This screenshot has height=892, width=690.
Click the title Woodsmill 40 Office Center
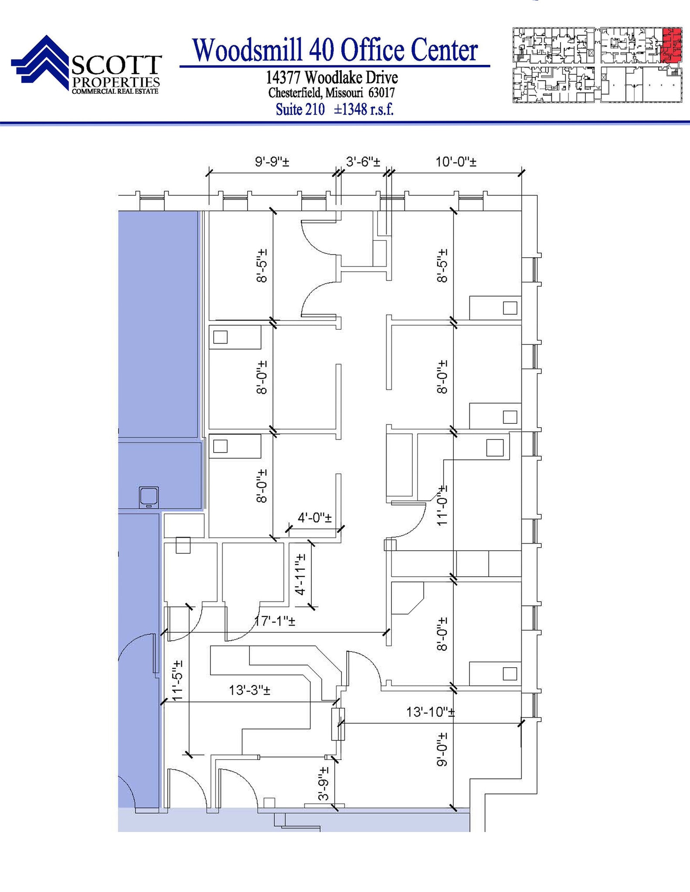[x=335, y=50]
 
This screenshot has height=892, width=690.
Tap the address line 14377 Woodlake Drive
[x=332, y=78]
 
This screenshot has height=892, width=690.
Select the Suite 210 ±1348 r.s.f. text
[x=334, y=109]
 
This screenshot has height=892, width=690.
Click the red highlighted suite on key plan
[x=671, y=45]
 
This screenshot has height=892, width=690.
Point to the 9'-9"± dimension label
[x=272, y=162]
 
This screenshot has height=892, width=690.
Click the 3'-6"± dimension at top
[x=363, y=162]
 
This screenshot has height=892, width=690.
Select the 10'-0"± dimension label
[x=455, y=162]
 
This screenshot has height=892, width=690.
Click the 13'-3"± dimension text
[x=249, y=690]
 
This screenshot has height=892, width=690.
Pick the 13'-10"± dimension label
[x=430, y=712]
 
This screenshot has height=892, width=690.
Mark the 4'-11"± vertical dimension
[x=300, y=574]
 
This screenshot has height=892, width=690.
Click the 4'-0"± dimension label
[x=314, y=518]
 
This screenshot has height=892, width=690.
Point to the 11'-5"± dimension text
[x=177, y=680]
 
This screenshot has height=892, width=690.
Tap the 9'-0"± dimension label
[x=442, y=749]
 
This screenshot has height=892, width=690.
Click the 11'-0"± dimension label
[x=442, y=506]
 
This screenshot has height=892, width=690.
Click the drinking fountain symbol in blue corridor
[x=148, y=497]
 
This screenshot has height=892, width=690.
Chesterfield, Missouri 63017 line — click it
[x=331, y=93]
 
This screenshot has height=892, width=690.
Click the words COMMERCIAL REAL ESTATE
[x=115, y=91]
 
